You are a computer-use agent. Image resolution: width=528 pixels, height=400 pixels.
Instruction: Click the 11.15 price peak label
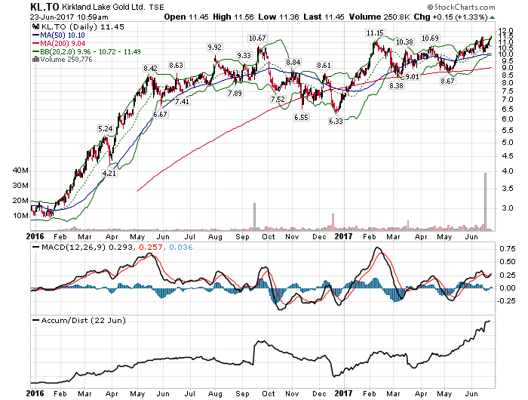374,32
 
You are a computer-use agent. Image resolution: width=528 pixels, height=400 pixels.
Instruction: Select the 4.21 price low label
110,173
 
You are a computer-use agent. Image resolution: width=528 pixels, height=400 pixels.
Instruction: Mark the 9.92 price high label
215,47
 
